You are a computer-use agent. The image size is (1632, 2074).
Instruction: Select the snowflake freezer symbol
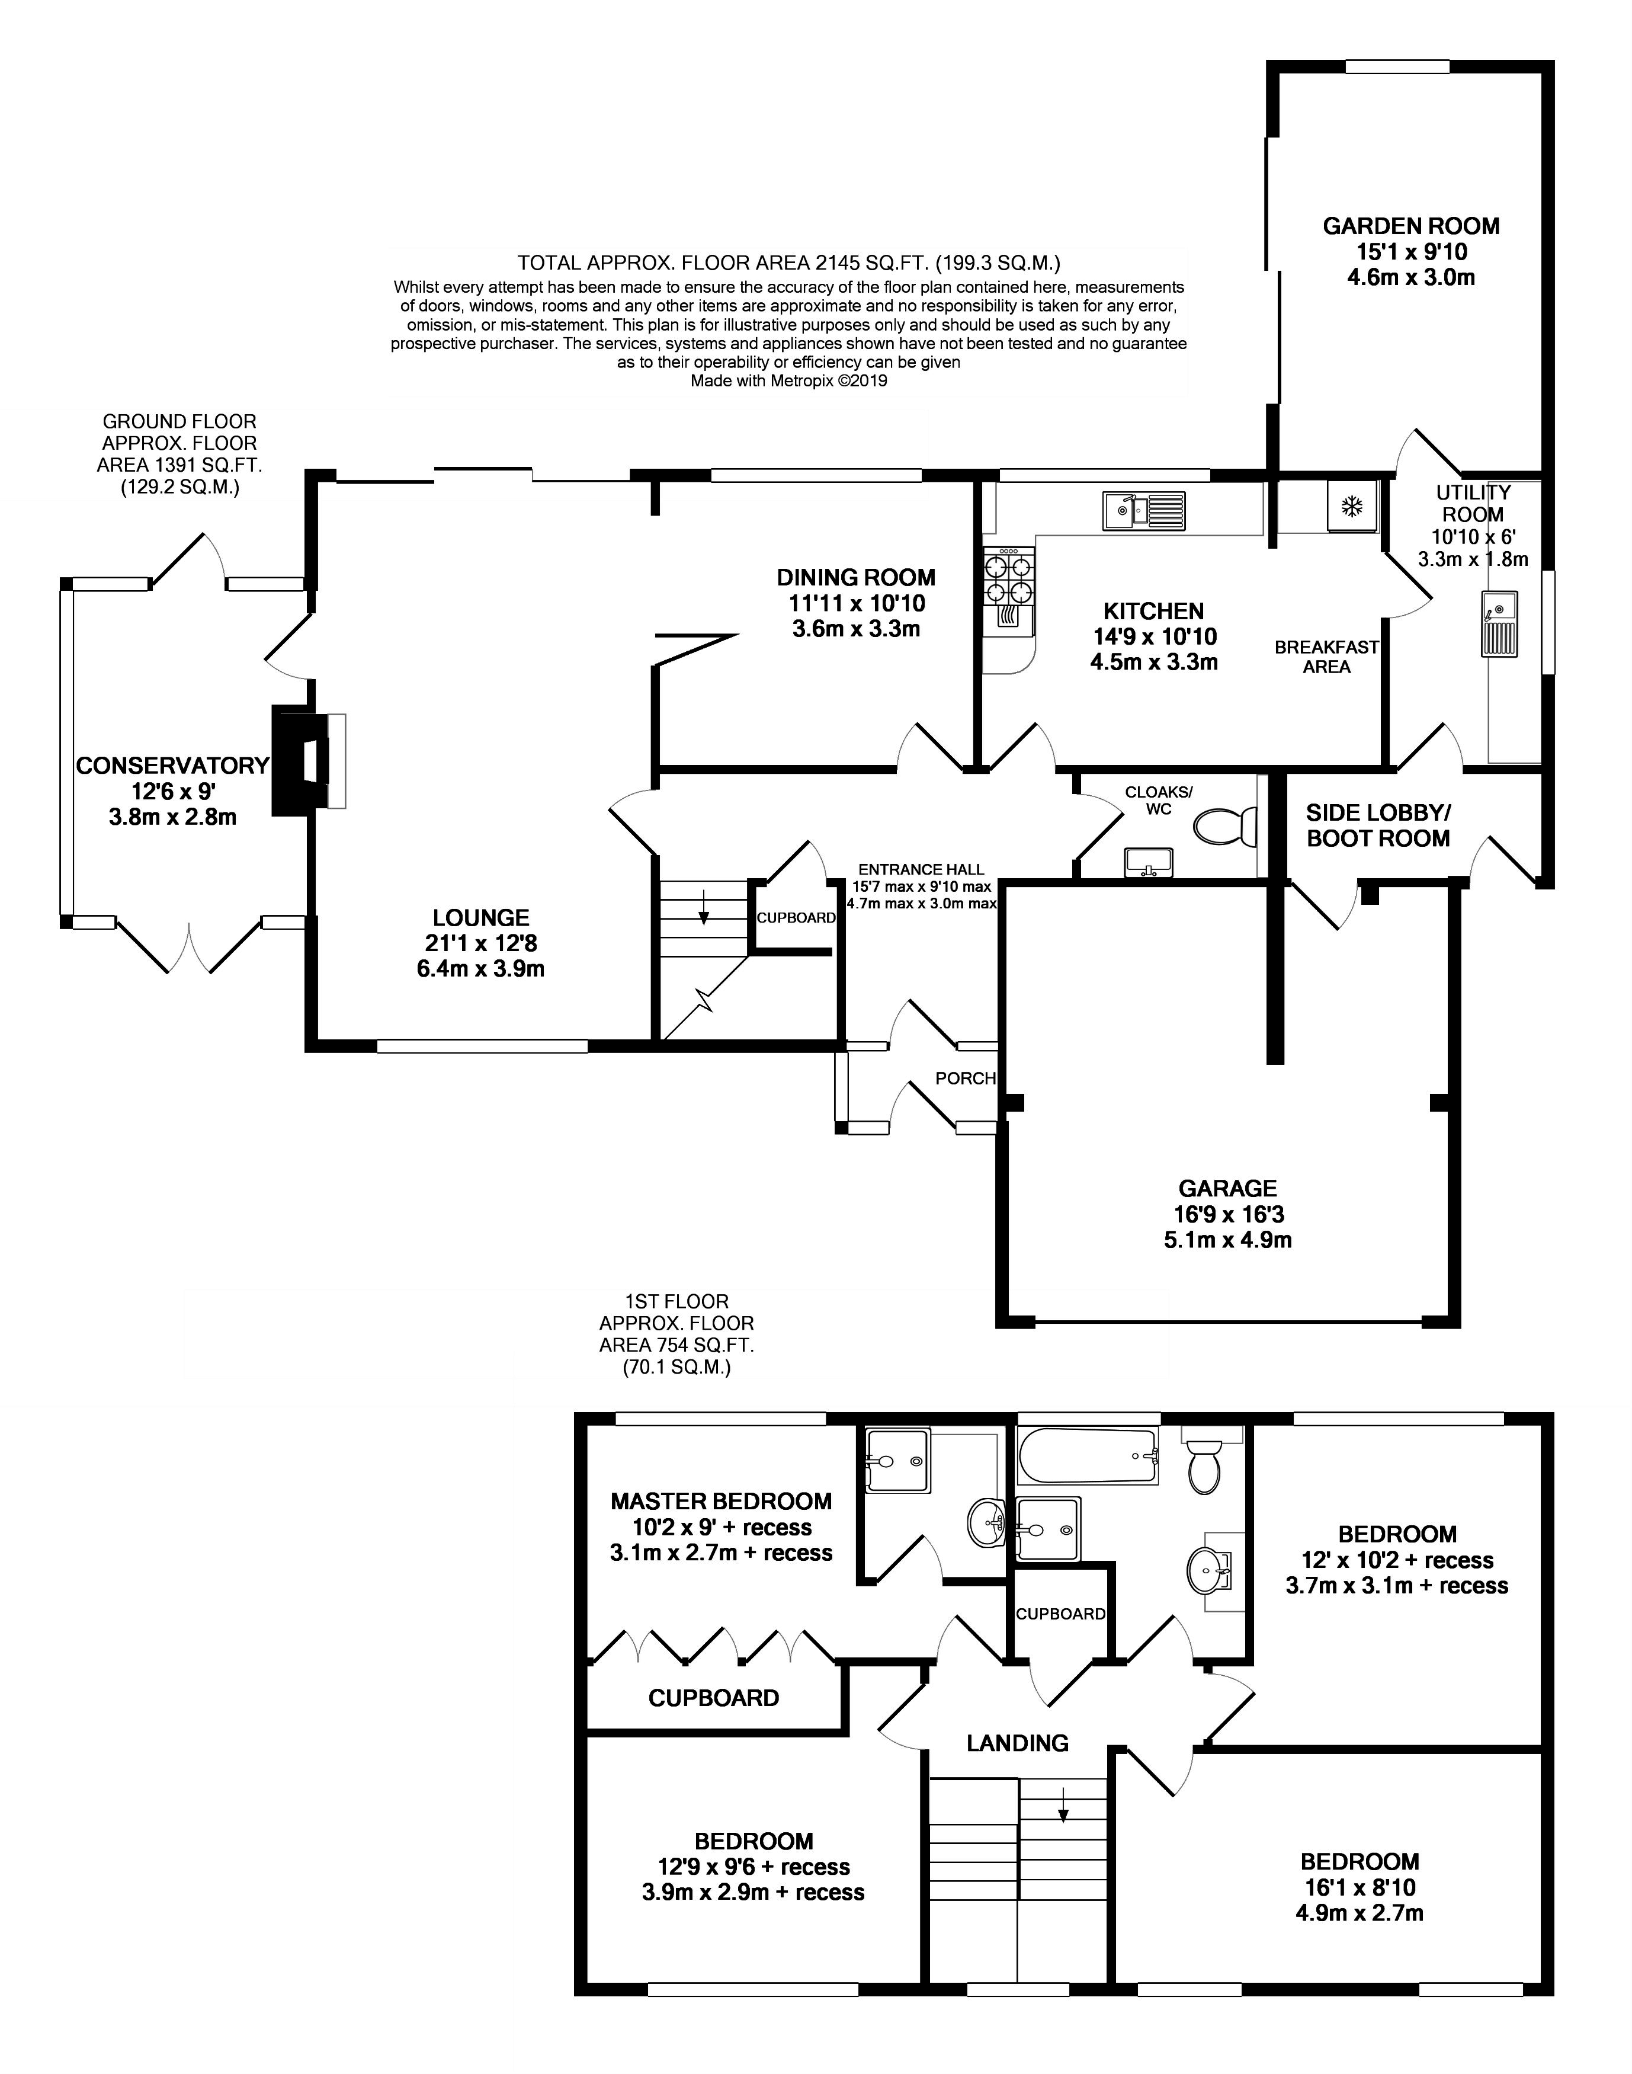[1351, 507]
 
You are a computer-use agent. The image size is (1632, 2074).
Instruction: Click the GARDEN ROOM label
[1410, 226]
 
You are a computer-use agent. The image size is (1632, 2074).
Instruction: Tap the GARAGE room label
[1227, 1188]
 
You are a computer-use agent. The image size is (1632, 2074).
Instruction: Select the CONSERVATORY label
[172, 766]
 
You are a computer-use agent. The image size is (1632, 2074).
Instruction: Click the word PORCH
[965, 1078]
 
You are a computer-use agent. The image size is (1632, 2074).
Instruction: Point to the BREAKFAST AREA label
[1326, 657]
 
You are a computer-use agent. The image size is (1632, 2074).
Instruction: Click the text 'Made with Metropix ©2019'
[788, 380]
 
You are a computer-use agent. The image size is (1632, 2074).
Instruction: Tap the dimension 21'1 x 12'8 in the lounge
[480, 943]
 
